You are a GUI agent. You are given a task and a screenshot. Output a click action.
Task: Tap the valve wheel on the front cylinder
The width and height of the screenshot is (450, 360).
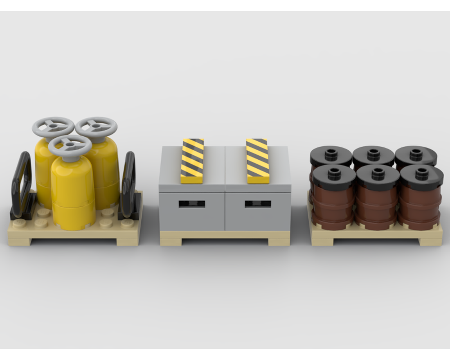[x=70, y=145]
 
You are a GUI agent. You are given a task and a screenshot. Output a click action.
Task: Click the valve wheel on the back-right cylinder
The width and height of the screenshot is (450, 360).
[x=96, y=126]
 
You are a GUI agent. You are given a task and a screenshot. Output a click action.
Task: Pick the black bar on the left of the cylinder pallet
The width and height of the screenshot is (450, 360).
[x=22, y=184]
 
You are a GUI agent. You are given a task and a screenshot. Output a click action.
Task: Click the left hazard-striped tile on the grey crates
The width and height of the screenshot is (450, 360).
[x=192, y=161]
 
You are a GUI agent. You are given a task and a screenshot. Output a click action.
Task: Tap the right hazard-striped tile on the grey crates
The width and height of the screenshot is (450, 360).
[x=258, y=161]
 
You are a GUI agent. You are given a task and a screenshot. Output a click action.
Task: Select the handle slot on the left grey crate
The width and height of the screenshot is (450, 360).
[x=192, y=204]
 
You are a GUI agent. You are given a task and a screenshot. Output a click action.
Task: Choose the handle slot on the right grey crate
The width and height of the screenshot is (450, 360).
[x=258, y=204]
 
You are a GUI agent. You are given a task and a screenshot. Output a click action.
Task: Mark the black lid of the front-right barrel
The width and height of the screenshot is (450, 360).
[x=421, y=176]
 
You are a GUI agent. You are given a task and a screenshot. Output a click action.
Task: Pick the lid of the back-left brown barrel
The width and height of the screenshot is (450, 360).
[x=331, y=156]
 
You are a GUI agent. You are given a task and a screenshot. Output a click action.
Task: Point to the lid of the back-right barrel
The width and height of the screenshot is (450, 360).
[x=416, y=155]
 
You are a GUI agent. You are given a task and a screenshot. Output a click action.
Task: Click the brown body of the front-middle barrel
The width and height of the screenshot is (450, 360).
[x=377, y=207]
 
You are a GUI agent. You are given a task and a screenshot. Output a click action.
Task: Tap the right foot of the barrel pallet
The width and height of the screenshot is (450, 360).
[x=430, y=242]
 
